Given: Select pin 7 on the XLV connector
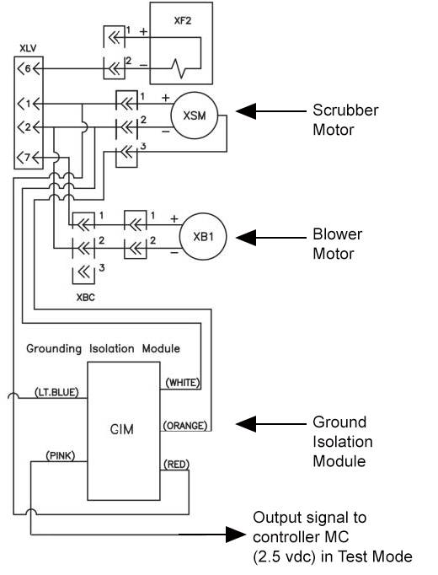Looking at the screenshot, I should [x=25, y=158].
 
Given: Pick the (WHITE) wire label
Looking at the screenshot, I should [x=181, y=383].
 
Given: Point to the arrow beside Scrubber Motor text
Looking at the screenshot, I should [x=266, y=111].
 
